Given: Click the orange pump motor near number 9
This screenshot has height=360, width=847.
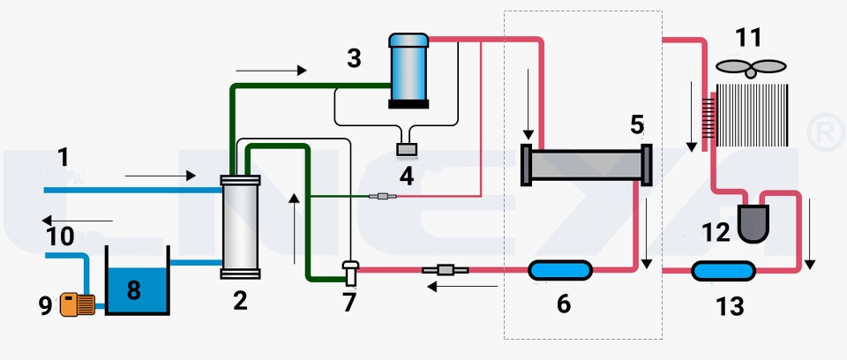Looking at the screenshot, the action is click(x=78, y=304).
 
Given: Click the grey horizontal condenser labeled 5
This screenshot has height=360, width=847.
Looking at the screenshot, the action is click(x=586, y=165).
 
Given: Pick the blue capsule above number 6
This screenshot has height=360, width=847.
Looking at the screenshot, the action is click(x=560, y=270).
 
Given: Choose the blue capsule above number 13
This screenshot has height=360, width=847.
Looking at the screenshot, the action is click(x=723, y=271).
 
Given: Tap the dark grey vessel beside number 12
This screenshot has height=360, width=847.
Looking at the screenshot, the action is click(x=753, y=223).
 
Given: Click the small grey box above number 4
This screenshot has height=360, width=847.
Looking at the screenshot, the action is click(x=406, y=149).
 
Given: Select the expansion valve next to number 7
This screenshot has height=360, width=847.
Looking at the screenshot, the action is click(x=350, y=273).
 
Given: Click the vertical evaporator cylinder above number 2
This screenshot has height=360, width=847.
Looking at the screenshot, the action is click(x=240, y=227).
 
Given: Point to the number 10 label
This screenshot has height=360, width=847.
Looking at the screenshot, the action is click(x=60, y=236).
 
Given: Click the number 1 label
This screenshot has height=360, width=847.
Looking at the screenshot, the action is click(x=64, y=157).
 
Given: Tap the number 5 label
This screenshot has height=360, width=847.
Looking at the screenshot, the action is click(x=637, y=125).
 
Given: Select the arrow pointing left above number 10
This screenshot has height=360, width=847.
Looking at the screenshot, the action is click(x=78, y=221).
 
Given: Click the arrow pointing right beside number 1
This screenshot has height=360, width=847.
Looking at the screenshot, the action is click(x=160, y=175).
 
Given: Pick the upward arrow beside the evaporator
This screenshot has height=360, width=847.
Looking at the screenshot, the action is click(x=294, y=229).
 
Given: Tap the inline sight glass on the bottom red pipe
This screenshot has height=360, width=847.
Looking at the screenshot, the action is click(x=445, y=269).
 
